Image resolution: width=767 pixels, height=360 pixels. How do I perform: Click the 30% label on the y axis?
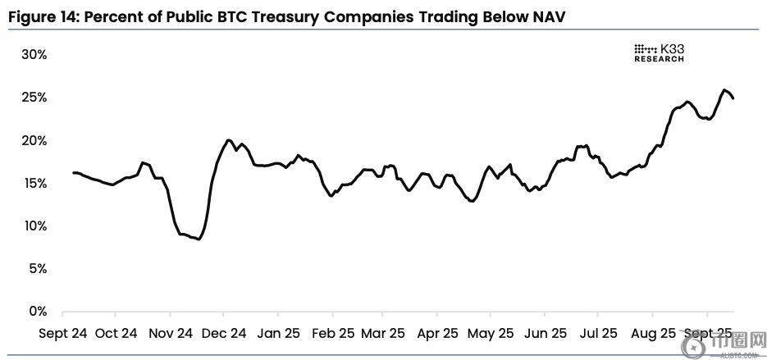point(35,55)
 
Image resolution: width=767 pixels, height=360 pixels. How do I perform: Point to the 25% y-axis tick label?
point(35,98)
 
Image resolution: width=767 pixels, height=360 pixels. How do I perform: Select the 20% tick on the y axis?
point(35,141)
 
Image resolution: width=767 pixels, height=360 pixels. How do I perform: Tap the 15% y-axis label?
point(35,184)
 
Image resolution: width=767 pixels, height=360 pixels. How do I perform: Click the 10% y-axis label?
point(35,226)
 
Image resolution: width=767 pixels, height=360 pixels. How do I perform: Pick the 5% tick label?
point(38,269)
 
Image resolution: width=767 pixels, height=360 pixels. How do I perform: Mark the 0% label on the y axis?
point(38,312)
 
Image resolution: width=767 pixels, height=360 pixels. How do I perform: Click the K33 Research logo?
point(660,53)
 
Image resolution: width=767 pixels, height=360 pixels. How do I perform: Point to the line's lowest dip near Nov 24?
point(199,239)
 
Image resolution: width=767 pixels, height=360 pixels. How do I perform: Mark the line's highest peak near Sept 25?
point(724,90)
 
